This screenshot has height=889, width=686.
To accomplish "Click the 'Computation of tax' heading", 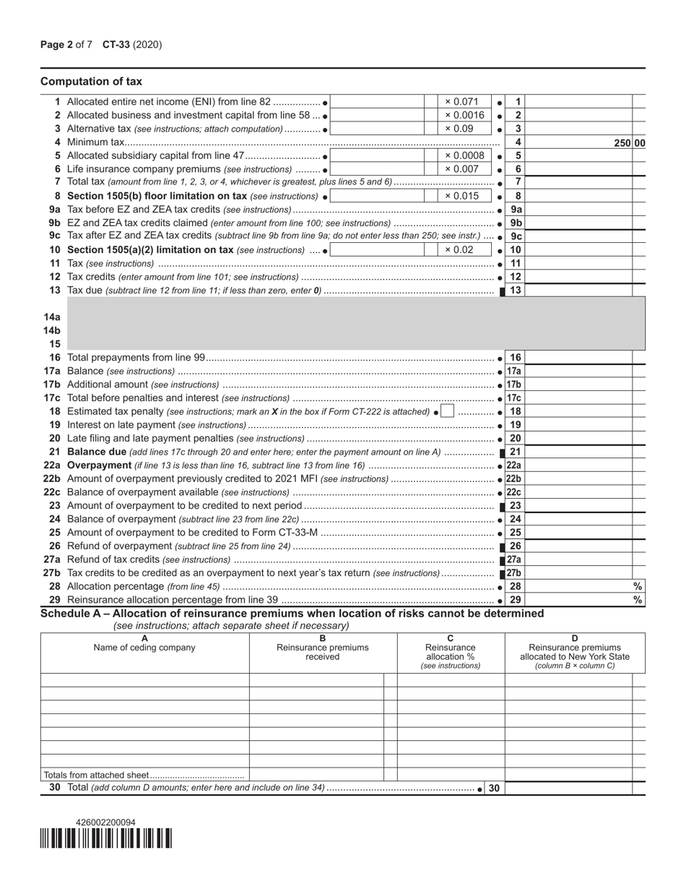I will [x=91, y=82].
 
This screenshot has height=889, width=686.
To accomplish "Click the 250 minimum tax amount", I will [x=623, y=143].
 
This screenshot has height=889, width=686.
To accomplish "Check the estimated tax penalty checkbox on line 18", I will [x=448, y=411].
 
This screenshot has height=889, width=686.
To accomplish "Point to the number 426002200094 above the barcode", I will [x=105, y=823].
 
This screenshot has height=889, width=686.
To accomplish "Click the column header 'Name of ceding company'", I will [x=144, y=648].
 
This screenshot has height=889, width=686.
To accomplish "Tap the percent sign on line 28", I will [x=638, y=587].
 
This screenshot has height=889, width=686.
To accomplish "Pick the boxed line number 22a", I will [x=514, y=465].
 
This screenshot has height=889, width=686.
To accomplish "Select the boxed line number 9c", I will [x=516, y=236].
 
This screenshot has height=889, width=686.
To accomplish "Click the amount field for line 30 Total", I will [x=568, y=789].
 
